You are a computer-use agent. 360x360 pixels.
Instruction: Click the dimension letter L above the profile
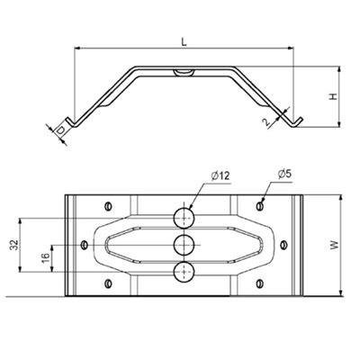tap(184, 41)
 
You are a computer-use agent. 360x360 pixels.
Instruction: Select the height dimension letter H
tap(332, 94)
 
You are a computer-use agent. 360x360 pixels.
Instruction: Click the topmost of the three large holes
tap(184, 217)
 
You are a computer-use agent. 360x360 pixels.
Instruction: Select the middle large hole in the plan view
tap(184, 244)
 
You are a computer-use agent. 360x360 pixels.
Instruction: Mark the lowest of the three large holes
tap(184, 271)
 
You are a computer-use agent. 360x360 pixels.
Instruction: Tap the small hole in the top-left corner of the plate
tap(108, 203)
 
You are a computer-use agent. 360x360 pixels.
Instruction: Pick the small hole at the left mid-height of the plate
tap(85, 243)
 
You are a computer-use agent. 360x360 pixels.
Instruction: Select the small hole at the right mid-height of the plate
tap(284, 243)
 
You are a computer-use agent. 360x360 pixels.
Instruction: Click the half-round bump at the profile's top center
tap(184, 71)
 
